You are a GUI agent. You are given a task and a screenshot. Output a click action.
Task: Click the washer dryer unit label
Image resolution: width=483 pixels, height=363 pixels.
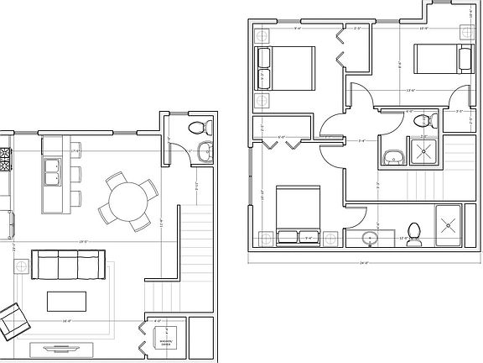(167, 341)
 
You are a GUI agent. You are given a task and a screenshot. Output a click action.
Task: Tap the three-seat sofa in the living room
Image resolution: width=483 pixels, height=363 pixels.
(65, 266)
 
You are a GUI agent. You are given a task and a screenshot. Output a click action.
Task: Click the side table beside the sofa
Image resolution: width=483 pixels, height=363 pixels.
(18, 266)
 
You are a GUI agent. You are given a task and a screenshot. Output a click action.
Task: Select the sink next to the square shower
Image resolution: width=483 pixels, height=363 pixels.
(392, 156)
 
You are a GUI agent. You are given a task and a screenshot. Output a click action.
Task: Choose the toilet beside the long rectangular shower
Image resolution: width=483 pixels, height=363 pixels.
(413, 229)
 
